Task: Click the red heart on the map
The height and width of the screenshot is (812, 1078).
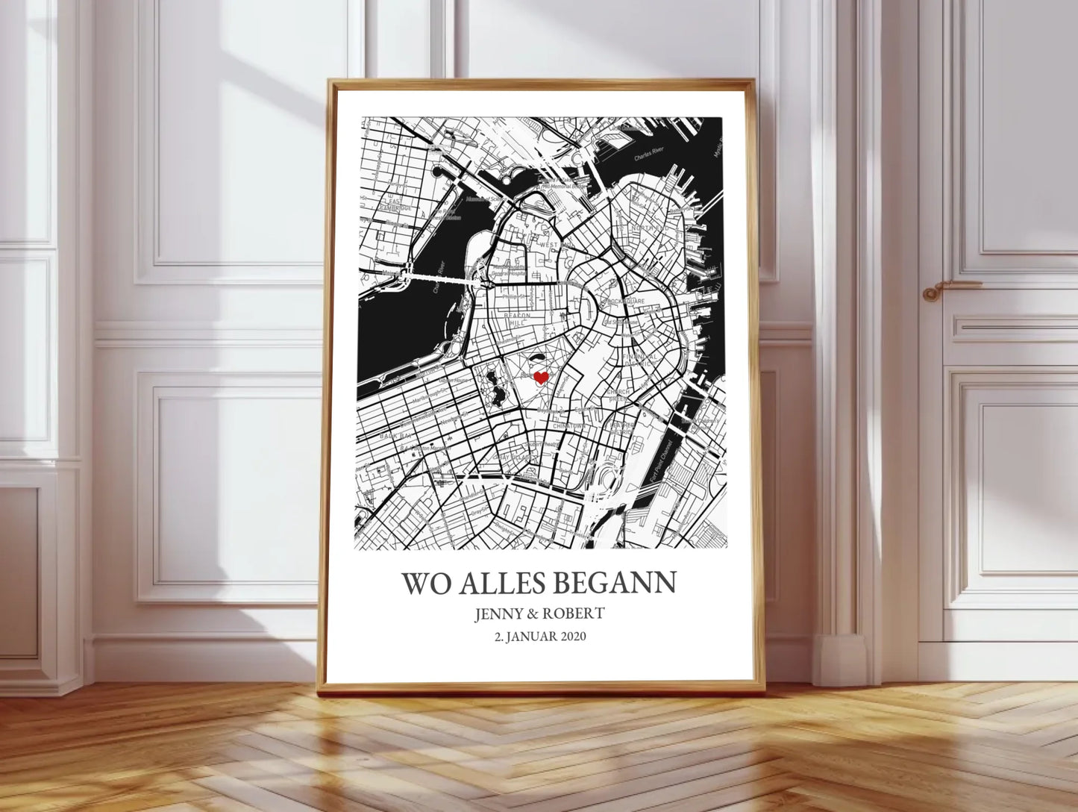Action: point(541,378)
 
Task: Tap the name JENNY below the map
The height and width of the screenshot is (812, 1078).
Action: point(499,613)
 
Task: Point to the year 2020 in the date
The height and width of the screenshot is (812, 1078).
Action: point(572,637)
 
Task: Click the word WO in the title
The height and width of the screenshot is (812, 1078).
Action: point(426,583)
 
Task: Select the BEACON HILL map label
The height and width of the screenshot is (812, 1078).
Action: point(517,319)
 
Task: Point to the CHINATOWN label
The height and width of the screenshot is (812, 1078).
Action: point(571,426)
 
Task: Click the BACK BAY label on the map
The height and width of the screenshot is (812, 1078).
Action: point(392,434)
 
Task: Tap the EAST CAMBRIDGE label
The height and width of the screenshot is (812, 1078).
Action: point(395,204)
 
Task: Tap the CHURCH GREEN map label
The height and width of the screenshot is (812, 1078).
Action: point(618,394)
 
